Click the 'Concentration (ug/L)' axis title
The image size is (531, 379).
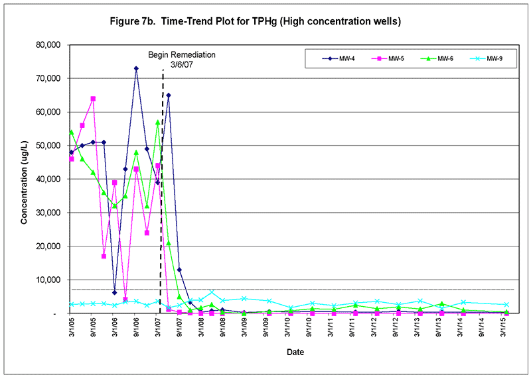(25, 179)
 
